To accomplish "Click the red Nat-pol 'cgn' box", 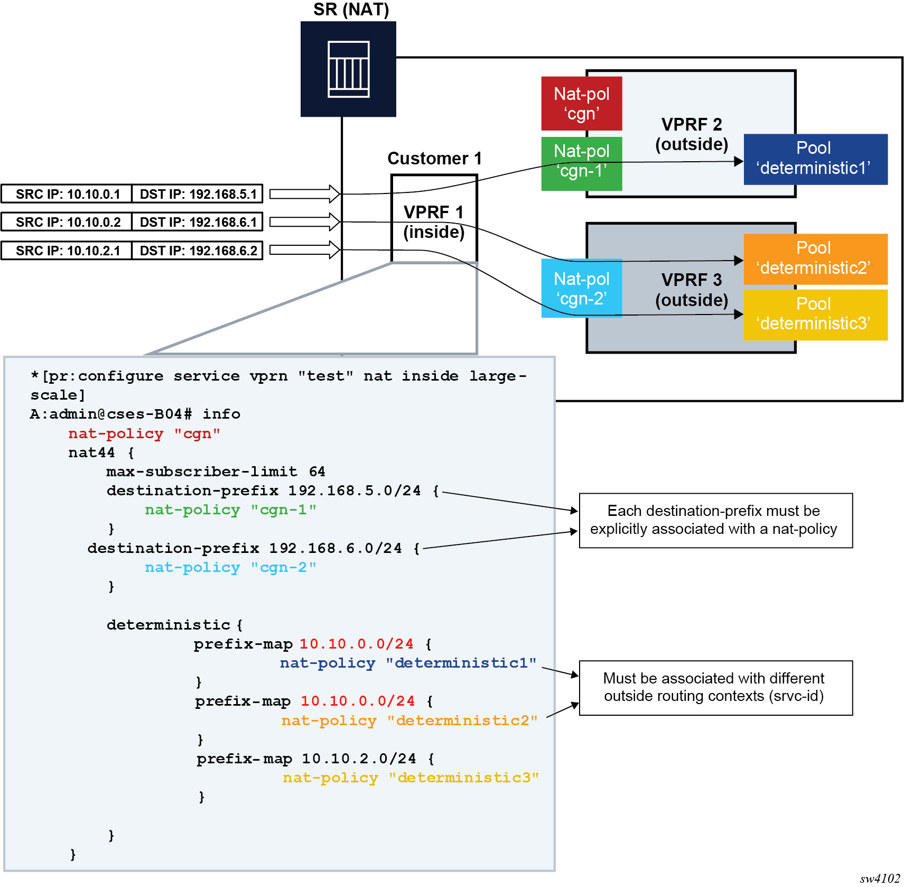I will tap(581, 104).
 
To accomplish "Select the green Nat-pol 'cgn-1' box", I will tap(581, 163).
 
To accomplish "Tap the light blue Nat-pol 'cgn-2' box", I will tap(581, 288).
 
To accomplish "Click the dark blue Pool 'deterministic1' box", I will tap(815, 159).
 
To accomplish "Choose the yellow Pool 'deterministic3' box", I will tap(815, 315).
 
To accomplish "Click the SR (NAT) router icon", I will tap(348, 69).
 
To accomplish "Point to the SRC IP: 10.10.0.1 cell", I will tap(67, 194).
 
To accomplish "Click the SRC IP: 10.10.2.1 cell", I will tap(67, 251).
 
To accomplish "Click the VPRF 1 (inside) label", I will tap(434, 222).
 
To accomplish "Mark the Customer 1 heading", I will tap(434, 159).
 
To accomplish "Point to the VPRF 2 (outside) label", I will tap(691, 134).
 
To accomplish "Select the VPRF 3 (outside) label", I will tap(691, 290).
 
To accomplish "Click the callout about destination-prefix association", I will tap(715, 520).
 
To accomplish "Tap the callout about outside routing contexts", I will tap(715, 687).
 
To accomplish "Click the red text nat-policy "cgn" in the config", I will tap(144, 433).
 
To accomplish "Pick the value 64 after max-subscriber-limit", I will tap(317, 472).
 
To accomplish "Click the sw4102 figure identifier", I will tap(879, 878).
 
